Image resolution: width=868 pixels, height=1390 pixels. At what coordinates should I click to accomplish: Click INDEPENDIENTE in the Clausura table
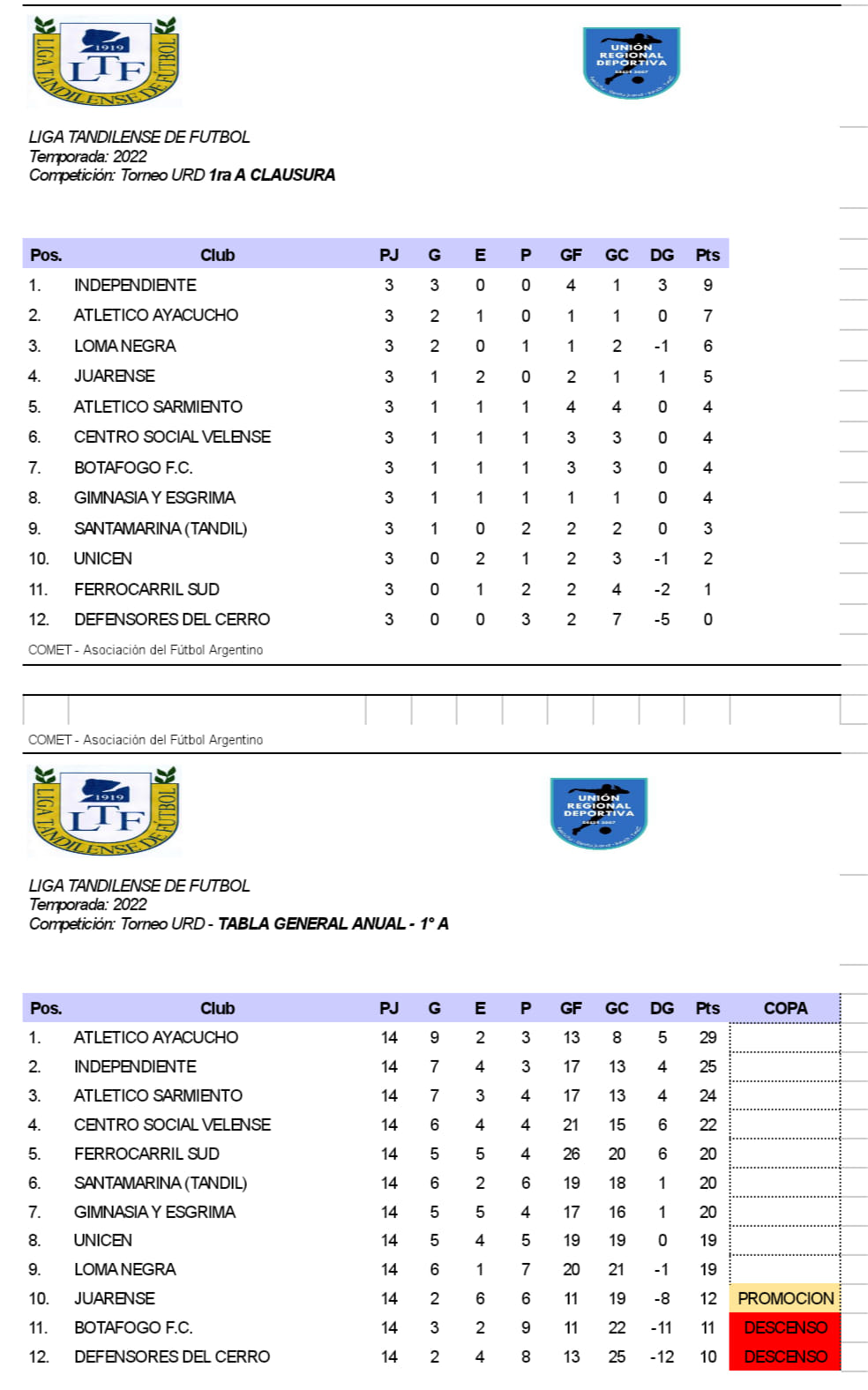point(135,285)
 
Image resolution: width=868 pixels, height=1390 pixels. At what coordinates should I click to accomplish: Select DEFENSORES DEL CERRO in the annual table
point(172,1356)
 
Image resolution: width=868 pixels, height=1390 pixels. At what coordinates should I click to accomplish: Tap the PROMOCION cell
point(785,1298)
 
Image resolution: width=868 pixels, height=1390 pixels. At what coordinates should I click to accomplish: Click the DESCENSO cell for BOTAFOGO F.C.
point(785,1327)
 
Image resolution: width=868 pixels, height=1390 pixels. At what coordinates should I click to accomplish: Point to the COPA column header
point(785,1008)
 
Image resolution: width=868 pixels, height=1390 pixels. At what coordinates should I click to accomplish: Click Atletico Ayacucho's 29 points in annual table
point(707,1037)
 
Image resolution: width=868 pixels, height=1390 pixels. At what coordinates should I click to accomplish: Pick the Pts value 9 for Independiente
point(707,285)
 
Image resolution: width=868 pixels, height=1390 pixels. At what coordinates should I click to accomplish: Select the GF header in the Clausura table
point(571,255)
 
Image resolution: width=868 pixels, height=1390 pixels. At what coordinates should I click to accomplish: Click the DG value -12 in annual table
point(662,1356)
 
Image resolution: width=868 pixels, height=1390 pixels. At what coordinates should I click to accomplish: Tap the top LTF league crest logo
point(105,62)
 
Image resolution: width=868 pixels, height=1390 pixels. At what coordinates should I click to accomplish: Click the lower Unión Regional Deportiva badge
point(598,812)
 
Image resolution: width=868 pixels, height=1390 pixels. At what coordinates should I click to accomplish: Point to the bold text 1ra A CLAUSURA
point(272,175)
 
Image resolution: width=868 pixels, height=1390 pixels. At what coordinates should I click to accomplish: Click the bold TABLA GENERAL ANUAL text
point(311,923)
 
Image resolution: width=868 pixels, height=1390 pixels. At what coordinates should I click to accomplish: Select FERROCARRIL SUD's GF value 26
point(571,1154)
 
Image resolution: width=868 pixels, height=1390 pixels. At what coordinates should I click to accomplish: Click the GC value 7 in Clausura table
point(617,619)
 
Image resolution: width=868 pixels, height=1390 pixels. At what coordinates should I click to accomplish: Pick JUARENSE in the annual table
point(114,1298)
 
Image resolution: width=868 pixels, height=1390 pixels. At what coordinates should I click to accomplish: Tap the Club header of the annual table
point(217,1008)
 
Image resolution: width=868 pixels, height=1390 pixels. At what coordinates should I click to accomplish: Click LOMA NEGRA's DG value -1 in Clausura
point(662,346)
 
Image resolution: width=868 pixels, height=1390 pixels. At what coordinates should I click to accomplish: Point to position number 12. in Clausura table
point(38,619)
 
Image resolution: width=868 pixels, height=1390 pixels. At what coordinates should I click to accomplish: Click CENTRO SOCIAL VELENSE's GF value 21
point(571,1125)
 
